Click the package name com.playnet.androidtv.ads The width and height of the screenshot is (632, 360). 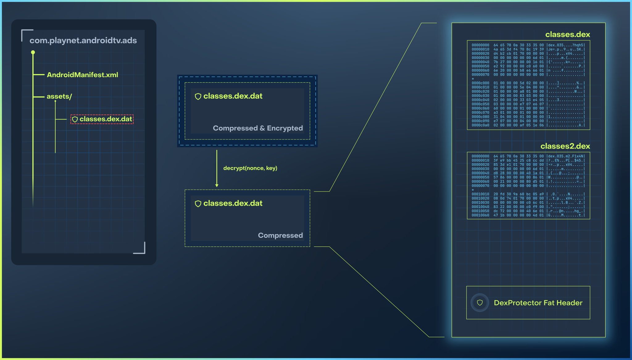pyautogui.click(x=83, y=40)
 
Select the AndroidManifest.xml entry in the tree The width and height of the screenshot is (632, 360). pyautogui.click(x=82, y=75)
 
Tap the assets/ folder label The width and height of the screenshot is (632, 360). pyautogui.click(x=59, y=97)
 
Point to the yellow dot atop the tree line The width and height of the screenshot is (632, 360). pyautogui.click(x=33, y=52)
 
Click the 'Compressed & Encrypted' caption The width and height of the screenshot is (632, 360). pyautogui.click(x=258, y=128)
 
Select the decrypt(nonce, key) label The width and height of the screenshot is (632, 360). pyautogui.click(x=250, y=168)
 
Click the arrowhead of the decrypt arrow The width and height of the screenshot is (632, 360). pyautogui.click(x=217, y=185)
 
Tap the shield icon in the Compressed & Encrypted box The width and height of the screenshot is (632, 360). pyautogui.click(x=198, y=97)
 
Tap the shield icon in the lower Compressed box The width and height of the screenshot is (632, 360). pyautogui.click(x=198, y=204)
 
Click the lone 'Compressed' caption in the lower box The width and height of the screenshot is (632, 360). pyautogui.click(x=280, y=235)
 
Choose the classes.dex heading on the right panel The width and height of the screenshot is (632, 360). pyautogui.click(x=568, y=34)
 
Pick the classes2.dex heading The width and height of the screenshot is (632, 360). pyautogui.click(x=565, y=146)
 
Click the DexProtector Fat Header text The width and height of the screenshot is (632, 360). pyautogui.click(x=538, y=303)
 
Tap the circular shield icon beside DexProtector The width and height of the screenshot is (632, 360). pyautogui.click(x=480, y=303)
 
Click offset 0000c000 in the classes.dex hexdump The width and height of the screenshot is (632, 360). pyautogui.click(x=480, y=83)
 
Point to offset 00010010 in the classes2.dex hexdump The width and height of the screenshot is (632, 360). pyautogui.click(x=480, y=194)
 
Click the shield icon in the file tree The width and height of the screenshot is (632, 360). pyautogui.click(x=75, y=119)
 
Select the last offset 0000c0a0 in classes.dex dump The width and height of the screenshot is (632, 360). pyautogui.click(x=480, y=125)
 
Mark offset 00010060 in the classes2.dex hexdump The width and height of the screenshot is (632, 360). pyautogui.click(x=480, y=215)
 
